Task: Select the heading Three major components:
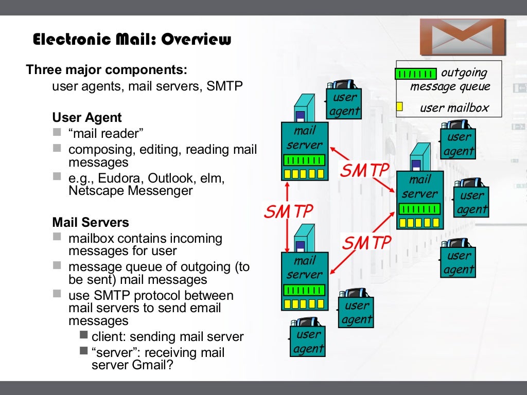pyautogui.click(x=107, y=69)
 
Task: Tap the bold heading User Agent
pyautogui.click(x=87, y=118)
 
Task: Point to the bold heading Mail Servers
pyautogui.click(x=91, y=223)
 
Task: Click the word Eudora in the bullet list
pyautogui.click(x=120, y=178)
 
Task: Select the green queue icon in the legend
pyautogui.click(x=415, y=74)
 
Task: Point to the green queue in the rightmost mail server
pyautogui.click(x=419, y=209)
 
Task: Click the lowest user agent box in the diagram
pyautogui.click(x=309, y=342)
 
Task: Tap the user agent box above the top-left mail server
pyautogui.click(x=344, y=104)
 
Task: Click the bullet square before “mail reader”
pyautogui.click(x=57, y=132)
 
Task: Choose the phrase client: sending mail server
pyautogui.click(x=167, y=337)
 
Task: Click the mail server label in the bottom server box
pyautogui.click(x=305, y=267)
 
